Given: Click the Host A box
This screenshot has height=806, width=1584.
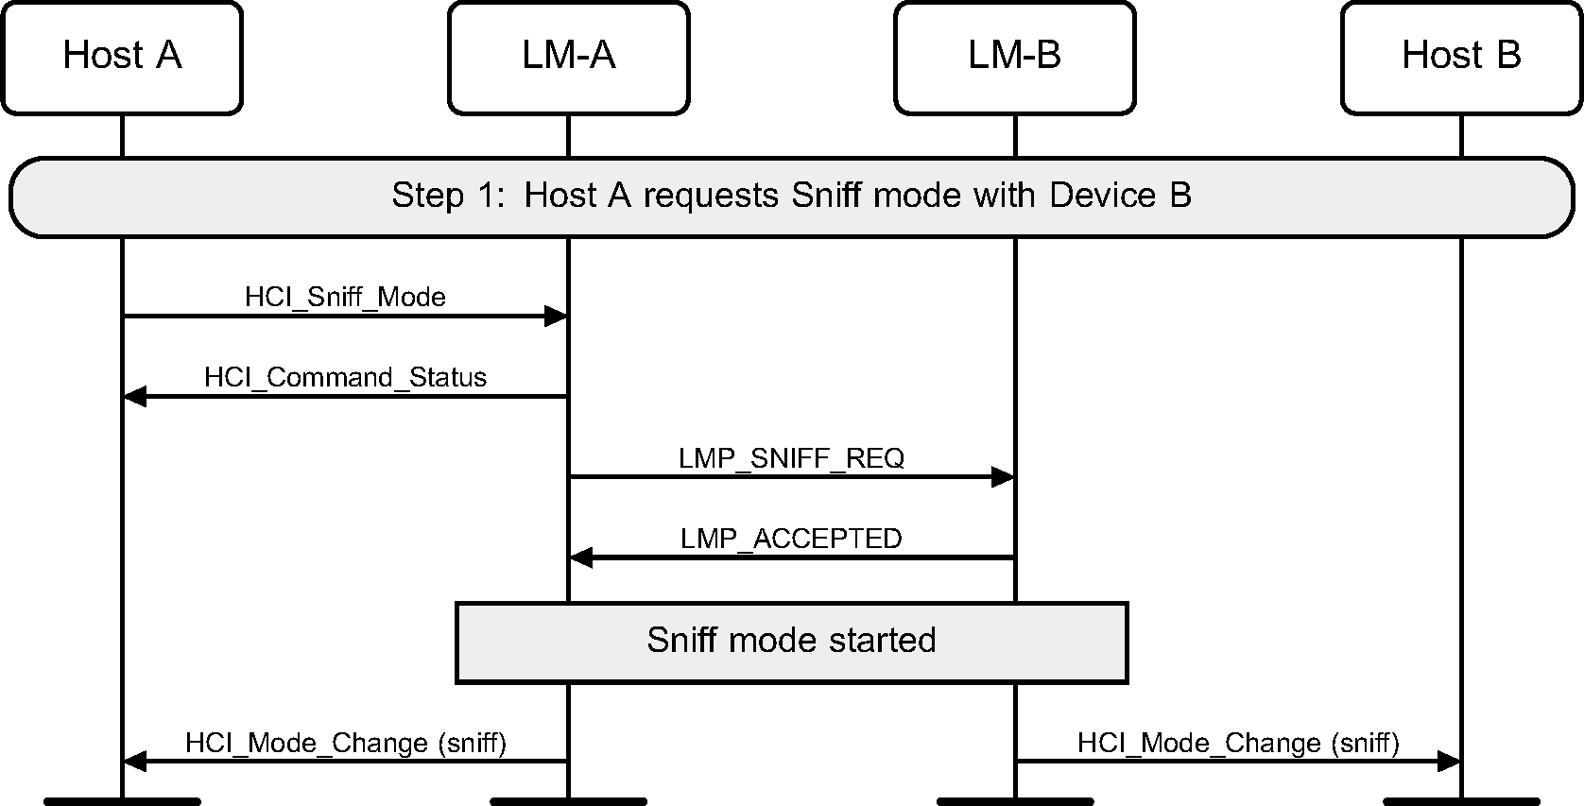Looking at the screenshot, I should click(x=122, y=57).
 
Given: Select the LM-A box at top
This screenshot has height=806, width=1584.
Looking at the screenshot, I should click(x=568, y=57).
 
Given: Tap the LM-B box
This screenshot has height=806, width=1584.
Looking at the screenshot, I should click(x=1014, y=57).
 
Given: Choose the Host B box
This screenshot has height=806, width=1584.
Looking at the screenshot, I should click(x=1461, y=57).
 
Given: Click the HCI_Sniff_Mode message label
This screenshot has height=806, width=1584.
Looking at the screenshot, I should click(x=345, y=297).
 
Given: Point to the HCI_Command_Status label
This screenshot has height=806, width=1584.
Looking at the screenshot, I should click(x=345, y=378).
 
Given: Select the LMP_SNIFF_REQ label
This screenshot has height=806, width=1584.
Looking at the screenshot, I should click(x=791, y=458).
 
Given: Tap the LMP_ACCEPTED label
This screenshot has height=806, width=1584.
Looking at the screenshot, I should click(x=791, y=539).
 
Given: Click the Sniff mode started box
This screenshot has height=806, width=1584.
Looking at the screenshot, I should click(x=791, y=642).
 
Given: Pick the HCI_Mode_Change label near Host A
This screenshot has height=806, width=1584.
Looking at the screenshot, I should click(x=345, y=743).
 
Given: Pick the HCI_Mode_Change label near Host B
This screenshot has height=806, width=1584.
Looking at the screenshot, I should click(x=1238, y=743).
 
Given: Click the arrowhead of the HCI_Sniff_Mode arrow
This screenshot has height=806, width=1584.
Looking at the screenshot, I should click(x=556, y=317).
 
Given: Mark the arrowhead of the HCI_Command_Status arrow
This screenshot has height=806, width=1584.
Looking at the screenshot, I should click(x=135, y=397).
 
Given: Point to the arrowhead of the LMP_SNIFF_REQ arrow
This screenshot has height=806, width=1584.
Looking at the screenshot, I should click(x=1002, y=477).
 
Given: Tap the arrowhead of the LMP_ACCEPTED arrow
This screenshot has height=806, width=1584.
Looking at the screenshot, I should click(x=581, y=557).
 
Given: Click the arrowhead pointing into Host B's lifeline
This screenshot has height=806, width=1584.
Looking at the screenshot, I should click(x=1449, y=761).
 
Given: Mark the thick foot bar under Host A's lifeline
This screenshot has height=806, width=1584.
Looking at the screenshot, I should click(x=122, y=801).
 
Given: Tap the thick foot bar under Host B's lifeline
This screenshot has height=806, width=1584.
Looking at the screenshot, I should click(x=1461, y=801).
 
